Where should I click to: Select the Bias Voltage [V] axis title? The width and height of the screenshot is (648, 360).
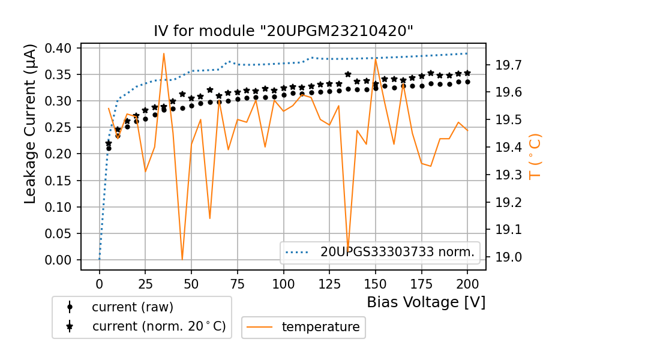coord(426,302)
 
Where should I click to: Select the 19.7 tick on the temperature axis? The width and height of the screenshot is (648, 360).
coord(508,65)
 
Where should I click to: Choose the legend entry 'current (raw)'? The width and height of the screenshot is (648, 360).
coord(132,307)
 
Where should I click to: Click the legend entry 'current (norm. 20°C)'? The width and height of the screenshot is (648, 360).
coord(158,327)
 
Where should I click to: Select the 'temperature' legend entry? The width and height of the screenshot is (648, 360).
coord(320,327)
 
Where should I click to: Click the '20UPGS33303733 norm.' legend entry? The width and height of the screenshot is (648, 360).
coord(397,253)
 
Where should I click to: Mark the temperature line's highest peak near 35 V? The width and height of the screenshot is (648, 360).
coord(164,53)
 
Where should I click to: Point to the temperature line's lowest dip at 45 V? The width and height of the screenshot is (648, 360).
coord(182,259)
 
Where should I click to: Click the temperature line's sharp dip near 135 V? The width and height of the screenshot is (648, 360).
coord(348,248)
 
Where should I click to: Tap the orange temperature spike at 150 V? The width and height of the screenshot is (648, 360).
coord(376,59)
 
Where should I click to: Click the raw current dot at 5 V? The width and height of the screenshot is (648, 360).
coord(109,148)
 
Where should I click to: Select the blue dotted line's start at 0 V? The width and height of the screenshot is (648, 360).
coord(100,259)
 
